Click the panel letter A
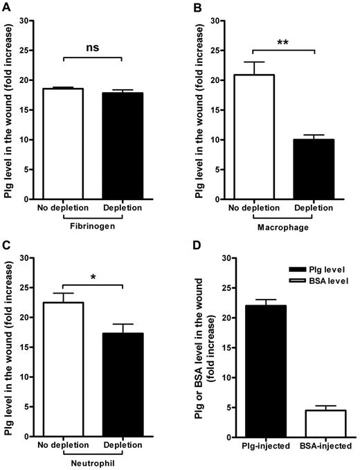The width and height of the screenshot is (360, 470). [6, 6]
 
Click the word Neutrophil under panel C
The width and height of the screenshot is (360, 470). [93, 462]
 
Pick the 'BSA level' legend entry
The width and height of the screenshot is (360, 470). [323, 280]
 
